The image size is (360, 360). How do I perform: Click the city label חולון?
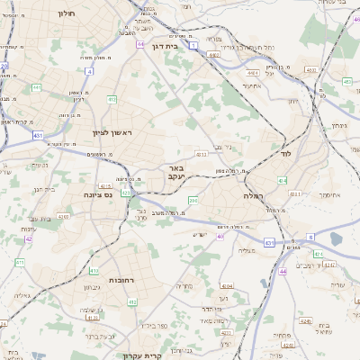pyautogui.click(x=66, y=13)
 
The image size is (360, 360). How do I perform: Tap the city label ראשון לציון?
pyautogui.click(x=112, y=133)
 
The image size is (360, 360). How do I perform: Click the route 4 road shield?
pyautogui.click(x=89, y=70)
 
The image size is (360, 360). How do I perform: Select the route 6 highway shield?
pyautogui.click(x=310, y=237)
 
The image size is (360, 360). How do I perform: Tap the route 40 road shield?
pyautogui.click(x=220, y=236)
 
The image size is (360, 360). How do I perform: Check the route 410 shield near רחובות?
pyautogui.click(x=132, y=302)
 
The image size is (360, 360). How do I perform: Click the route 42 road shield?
pyautogui.click(x=29, y=238)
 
